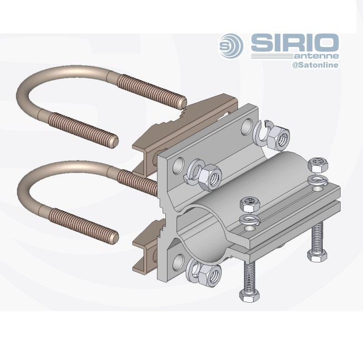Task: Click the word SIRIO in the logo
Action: pyautogui.click(x=295, y=43)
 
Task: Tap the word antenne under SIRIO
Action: pyautogui.click(x=317, y=56)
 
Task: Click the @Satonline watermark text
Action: pyautogui.click(x=315, y=65)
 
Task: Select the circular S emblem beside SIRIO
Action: pyautogui.click(x=231, y=46)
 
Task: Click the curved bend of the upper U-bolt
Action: pyautogui.click(x=26, y=88)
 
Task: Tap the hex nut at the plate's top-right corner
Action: pyautogui.click(x=279, y=136)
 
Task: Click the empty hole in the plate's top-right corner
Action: pyautogui.click(x=246, y=126)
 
